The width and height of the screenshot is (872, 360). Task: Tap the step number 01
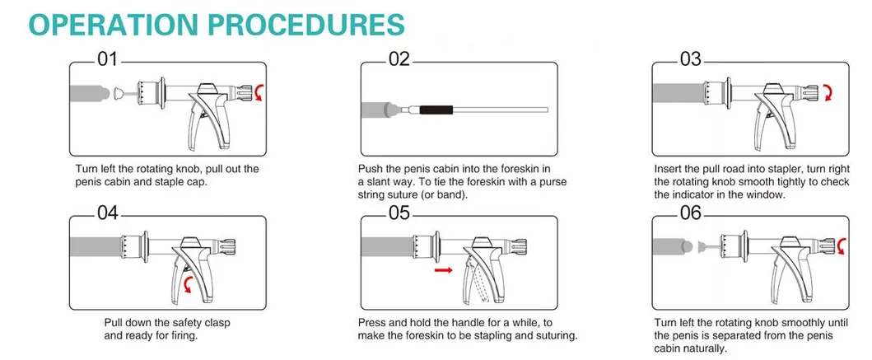108,59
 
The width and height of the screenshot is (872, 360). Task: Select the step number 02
399,59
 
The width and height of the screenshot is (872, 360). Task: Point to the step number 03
691,59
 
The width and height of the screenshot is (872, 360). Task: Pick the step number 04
108,213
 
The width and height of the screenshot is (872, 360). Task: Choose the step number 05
399,213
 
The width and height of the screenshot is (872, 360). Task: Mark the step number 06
691,213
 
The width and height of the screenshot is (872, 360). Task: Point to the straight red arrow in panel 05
443,270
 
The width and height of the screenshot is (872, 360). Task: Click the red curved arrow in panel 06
842,245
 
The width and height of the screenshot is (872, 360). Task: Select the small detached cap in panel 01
119,93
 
